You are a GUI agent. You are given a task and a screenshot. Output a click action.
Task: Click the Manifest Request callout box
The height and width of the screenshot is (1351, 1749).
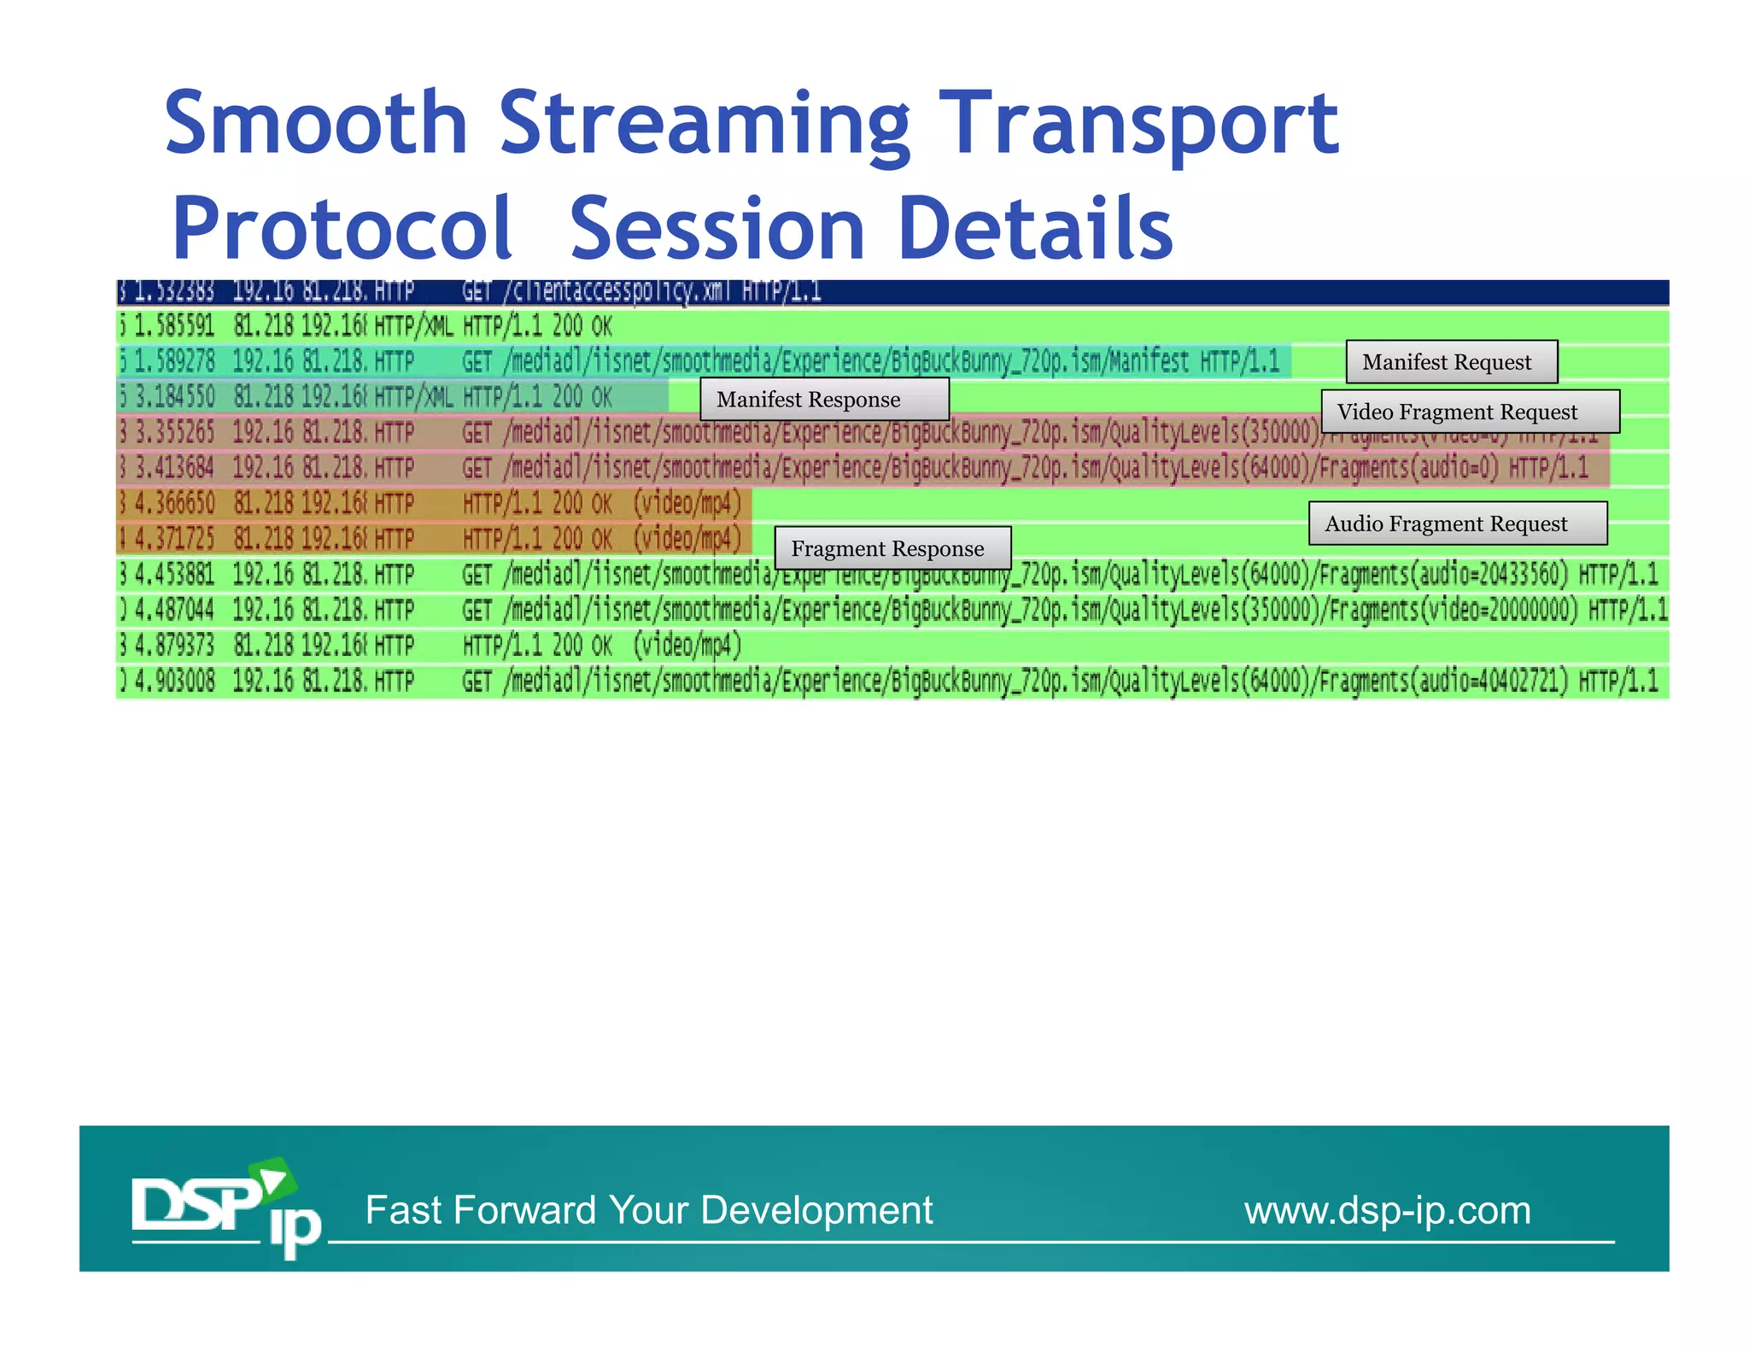(1451, 362)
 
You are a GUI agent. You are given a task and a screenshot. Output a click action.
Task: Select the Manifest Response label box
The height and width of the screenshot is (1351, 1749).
(824, 400)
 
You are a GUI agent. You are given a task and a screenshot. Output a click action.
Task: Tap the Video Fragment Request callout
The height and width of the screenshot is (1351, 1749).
(1470, 412)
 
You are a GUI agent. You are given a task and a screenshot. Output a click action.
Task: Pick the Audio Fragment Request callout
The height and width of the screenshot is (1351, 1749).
(1457, 523)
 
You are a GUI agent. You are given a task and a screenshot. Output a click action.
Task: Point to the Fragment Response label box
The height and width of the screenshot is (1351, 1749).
(892, 548)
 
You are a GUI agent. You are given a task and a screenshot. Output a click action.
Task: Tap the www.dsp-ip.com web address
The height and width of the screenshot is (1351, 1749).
(1387, 1210)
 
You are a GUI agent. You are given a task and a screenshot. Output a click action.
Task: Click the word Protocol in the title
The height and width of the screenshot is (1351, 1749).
(342, 228)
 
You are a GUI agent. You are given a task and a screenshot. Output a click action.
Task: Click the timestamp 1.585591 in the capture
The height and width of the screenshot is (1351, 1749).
(175, 325)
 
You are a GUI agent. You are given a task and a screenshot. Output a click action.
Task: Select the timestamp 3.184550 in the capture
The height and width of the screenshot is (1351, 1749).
(175, 396)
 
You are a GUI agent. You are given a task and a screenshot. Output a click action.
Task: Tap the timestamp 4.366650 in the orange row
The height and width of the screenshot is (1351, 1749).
(175, 503)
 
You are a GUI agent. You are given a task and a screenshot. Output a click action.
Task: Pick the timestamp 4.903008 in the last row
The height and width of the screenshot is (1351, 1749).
(175, 681)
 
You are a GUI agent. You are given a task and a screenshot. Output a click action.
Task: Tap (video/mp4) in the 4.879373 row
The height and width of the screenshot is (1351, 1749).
(687, 645)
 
